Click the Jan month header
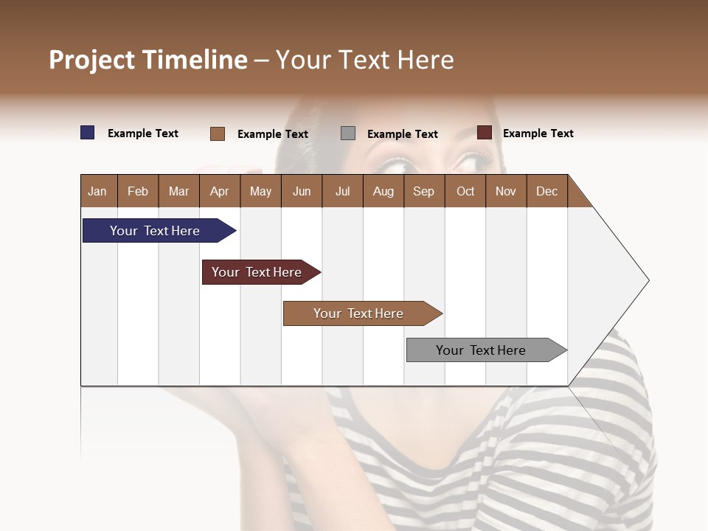[98, 191]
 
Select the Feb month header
[138, 191]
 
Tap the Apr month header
[220, 191]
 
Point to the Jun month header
[302, 191]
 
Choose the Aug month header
[383, 191]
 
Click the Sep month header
[424, 191]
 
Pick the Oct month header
[465, 191]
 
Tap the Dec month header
[547, 191]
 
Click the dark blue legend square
[88, 133]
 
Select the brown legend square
[218, 133]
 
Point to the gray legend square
[348, 133]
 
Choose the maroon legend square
[485, 133]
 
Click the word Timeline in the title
[195, 60]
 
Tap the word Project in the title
[92, 60]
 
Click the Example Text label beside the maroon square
[538, 133]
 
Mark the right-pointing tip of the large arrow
[648, 280]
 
